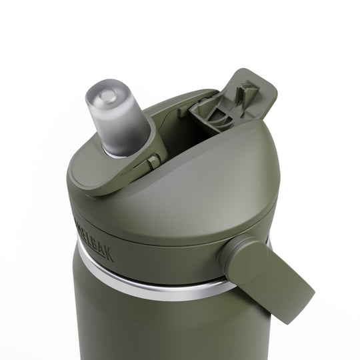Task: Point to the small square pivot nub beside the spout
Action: click(155, 161)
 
